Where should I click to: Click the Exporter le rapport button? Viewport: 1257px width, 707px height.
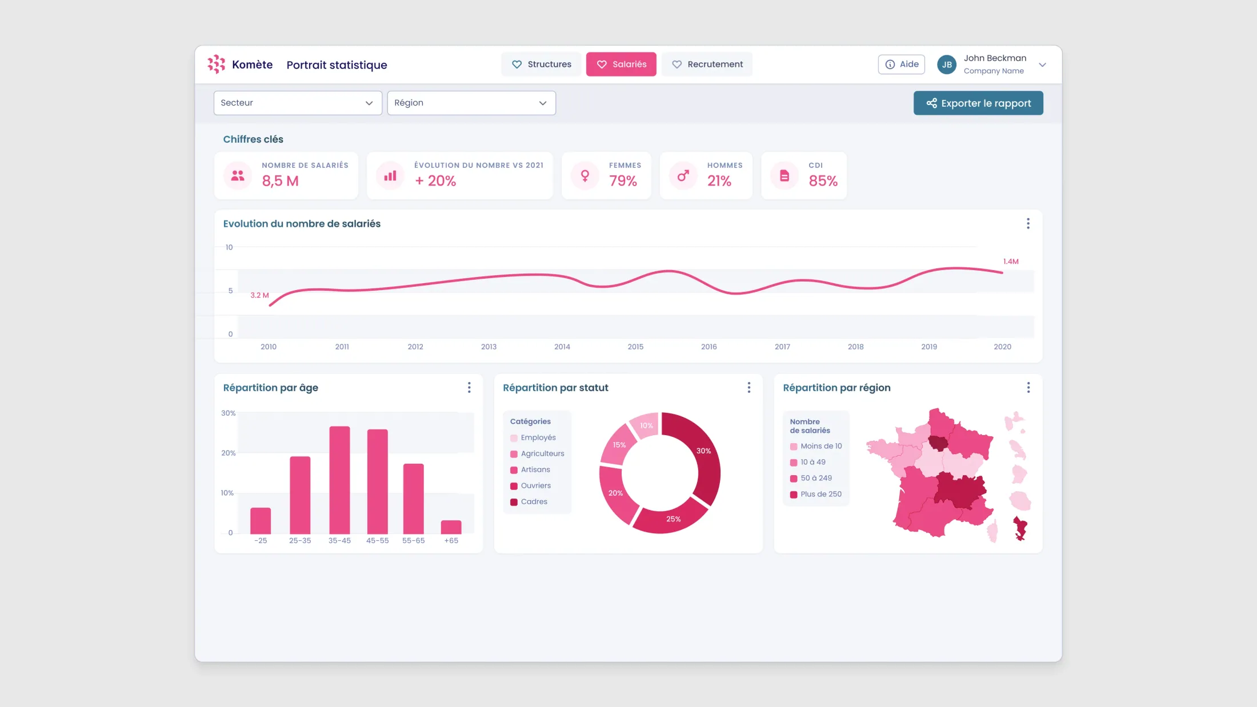(x=978, y=103)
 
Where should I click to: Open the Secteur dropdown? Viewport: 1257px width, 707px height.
(x=298, y=103)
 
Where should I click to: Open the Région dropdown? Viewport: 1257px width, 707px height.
(x=471, y=103)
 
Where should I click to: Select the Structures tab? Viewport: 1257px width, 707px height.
(x=541, y=64)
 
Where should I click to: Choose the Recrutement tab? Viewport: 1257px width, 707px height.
(x=707, y=64)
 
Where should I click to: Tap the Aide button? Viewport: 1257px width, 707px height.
(x=902, y=64)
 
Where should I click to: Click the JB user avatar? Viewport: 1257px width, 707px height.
(x=947, y=65)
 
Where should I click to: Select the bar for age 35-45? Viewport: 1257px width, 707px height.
(x=339, y=480)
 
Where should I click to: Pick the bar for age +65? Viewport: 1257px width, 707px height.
(x=451, y=527)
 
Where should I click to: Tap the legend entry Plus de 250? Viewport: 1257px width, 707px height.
(x=816, y=494)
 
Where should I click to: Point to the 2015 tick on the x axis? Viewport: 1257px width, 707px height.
(x=635, y=347)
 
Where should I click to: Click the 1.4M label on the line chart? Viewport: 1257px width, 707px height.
(x=1011, y=262)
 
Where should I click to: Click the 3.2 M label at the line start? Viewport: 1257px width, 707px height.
(x=259, y=295)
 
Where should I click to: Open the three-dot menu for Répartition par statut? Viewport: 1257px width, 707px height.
(x=749, y=388)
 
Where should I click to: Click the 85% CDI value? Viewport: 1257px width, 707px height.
(x=823, y=181)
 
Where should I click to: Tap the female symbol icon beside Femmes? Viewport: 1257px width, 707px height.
(x=585, y=175)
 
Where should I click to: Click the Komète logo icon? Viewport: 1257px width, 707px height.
(x=216, y=64)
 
